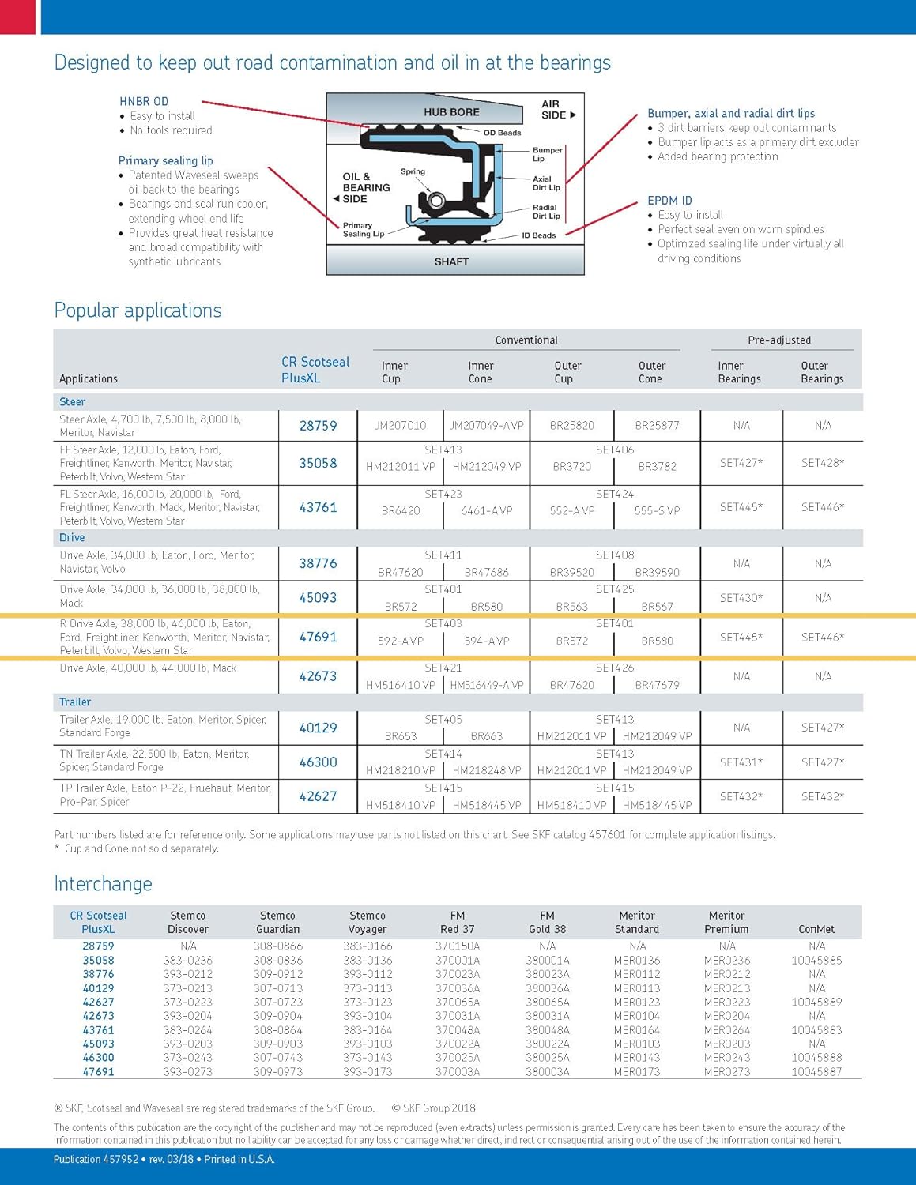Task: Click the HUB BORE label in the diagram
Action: pos(451,112)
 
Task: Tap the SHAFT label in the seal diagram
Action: pos(451,261)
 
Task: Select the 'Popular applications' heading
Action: pos(138,310)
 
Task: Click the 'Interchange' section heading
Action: pos(103,884)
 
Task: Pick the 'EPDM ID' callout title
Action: pos(669,201)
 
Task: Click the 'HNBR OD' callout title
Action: pos(144,101)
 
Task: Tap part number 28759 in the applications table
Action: pos(318,426)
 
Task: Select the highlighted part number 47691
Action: pos(318,637)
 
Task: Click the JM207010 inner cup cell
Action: pos(401,426)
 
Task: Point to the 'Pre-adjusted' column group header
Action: pos(779,340)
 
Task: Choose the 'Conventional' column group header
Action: pos(526,340)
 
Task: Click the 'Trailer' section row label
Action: pos(75,702)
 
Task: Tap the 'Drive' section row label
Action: pos(72,537)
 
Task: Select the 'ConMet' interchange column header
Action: pos(816,929)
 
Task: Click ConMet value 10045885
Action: pos(816,961)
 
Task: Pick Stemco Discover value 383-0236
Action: pos(188,961)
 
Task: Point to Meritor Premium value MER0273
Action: pos(727,1072)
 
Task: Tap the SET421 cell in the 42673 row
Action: pos(443,668)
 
